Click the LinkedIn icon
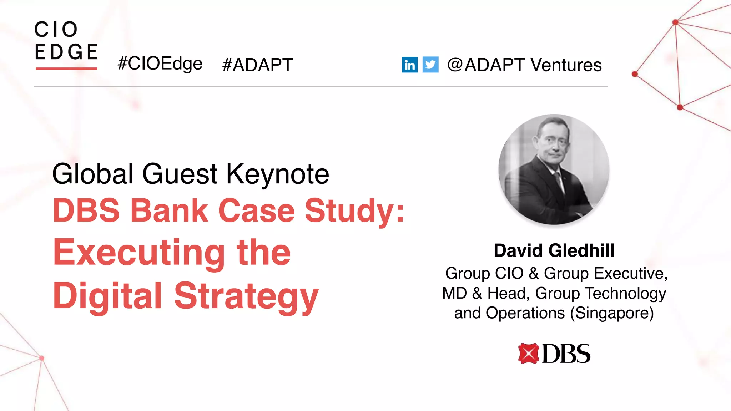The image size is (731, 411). (409, 65)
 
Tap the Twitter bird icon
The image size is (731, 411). (430, 65)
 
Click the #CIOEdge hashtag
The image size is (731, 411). (160, 64)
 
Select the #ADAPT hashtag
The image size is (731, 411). (257, 65)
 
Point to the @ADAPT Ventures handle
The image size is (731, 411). (524, 65)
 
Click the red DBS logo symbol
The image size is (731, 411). (528, 353)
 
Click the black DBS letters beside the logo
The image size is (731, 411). (566, 354)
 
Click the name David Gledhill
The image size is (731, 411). (554, 250)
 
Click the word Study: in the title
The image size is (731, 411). (354, 210)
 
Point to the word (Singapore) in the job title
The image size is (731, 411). (612, 313)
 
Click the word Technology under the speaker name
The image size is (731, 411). (626, 293)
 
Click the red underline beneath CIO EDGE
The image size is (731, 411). (66, 68)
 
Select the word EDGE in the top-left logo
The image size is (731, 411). (66, 52)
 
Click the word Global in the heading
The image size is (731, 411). (93, 174)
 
